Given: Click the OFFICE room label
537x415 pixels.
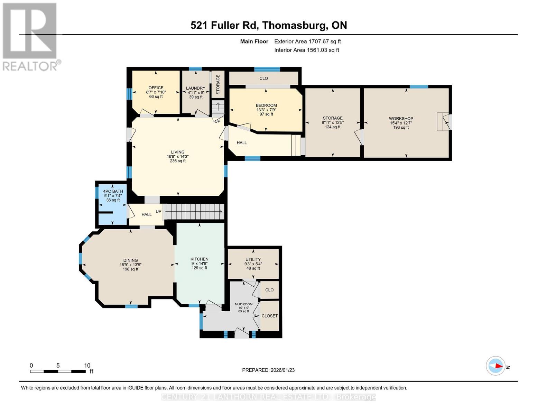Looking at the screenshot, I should (156, 88).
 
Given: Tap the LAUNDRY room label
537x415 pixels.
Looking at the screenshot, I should (195, 88).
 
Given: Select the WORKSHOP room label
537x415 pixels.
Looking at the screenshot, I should (401, 119).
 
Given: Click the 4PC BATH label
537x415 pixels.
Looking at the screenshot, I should (113, 191).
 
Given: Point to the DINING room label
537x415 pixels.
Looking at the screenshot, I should (130, 260).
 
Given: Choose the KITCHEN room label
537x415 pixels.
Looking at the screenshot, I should (200, 259).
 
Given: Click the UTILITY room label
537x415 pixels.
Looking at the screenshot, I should (253, 259).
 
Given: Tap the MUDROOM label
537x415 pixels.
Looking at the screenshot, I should (243, 304).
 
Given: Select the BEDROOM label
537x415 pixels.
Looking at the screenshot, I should (266, 105).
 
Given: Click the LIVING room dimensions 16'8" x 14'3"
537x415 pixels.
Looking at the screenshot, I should (178, 157).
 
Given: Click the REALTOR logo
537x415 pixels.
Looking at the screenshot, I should (30, 37).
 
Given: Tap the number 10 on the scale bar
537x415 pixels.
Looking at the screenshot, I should (87, 366).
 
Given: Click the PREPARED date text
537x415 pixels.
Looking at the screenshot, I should (268, 370).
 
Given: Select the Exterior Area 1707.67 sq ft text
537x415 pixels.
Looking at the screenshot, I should (307, 41).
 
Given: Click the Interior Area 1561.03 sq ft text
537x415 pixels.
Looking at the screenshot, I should (306, 50).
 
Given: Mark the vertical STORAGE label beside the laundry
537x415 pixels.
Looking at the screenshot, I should (218, 84).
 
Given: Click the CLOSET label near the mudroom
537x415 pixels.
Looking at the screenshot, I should (269, 316).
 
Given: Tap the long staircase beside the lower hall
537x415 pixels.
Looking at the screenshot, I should (194, 212).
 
